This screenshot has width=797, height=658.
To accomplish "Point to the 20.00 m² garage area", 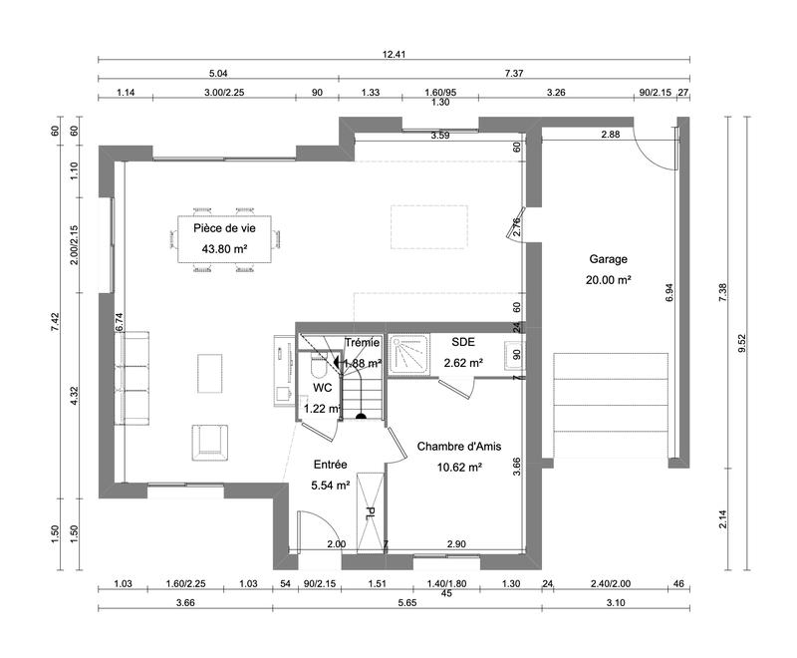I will tap(609, 280).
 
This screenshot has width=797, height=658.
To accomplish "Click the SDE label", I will tap(463, 342).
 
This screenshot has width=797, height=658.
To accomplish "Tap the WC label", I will tap(322, 387).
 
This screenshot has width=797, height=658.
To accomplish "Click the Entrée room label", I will tap(330, 465).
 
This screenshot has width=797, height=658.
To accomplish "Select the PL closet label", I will tap(370, 513).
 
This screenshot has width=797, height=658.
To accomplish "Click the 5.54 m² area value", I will tap(330, 486).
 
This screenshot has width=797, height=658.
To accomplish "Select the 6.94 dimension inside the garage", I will tap(669, 292).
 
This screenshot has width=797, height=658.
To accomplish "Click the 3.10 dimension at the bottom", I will tap(615, 603).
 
